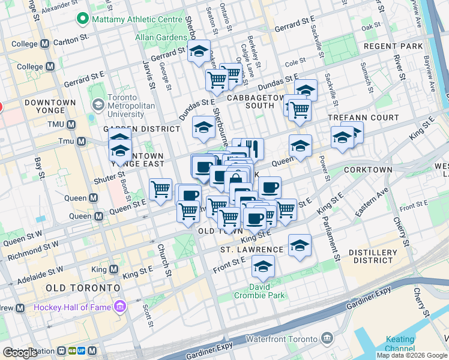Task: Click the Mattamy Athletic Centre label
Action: point(137,19)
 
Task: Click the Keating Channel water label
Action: point(400,344)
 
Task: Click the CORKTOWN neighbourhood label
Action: point(368,170)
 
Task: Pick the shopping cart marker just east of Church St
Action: point(160,190)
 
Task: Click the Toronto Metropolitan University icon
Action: point(97,105)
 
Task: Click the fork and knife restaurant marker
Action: point(252,148)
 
